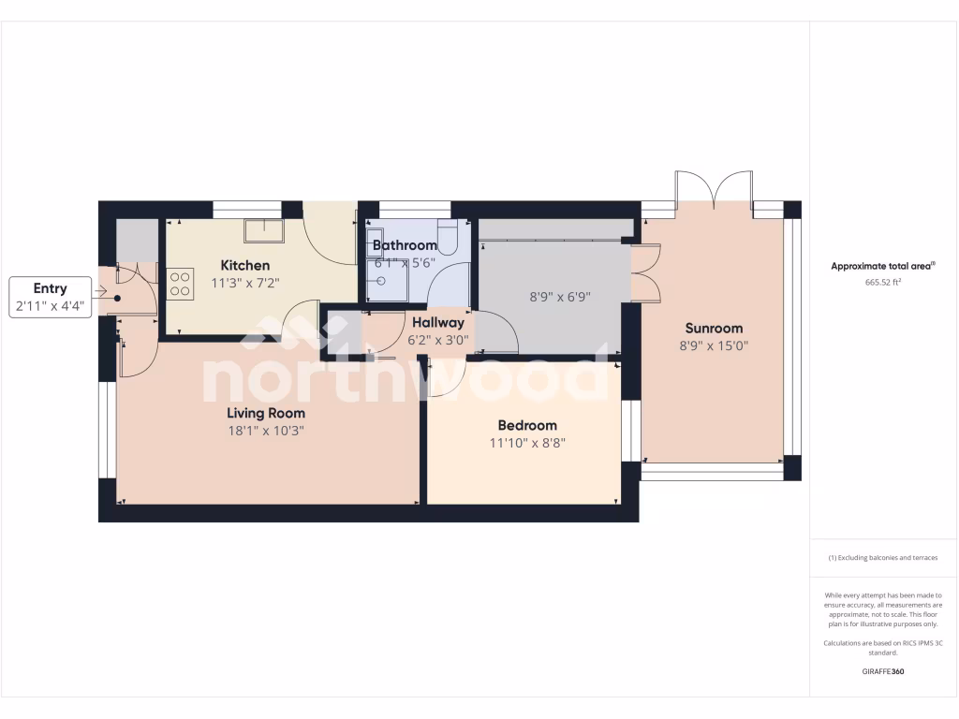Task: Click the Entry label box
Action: click(51, 298)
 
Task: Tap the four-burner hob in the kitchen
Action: click(181, 283)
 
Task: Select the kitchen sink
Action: click(264, 230)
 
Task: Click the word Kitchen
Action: click(244, 265)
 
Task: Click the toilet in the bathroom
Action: click(447, 238)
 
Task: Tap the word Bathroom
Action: click(405, 245)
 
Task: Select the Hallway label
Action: click(437, 323)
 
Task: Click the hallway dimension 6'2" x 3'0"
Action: click(437, 340)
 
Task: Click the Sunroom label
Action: click(714, 328)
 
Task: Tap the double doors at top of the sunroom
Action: click(715, 190)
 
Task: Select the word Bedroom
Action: click(527, 425)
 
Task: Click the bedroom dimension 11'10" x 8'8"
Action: click(527, 443)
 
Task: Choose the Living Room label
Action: click(266, 413)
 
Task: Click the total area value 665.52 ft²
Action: click(883, 281)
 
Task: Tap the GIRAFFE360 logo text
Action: click(883, 671)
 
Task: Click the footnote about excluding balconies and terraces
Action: click(883, 558)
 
